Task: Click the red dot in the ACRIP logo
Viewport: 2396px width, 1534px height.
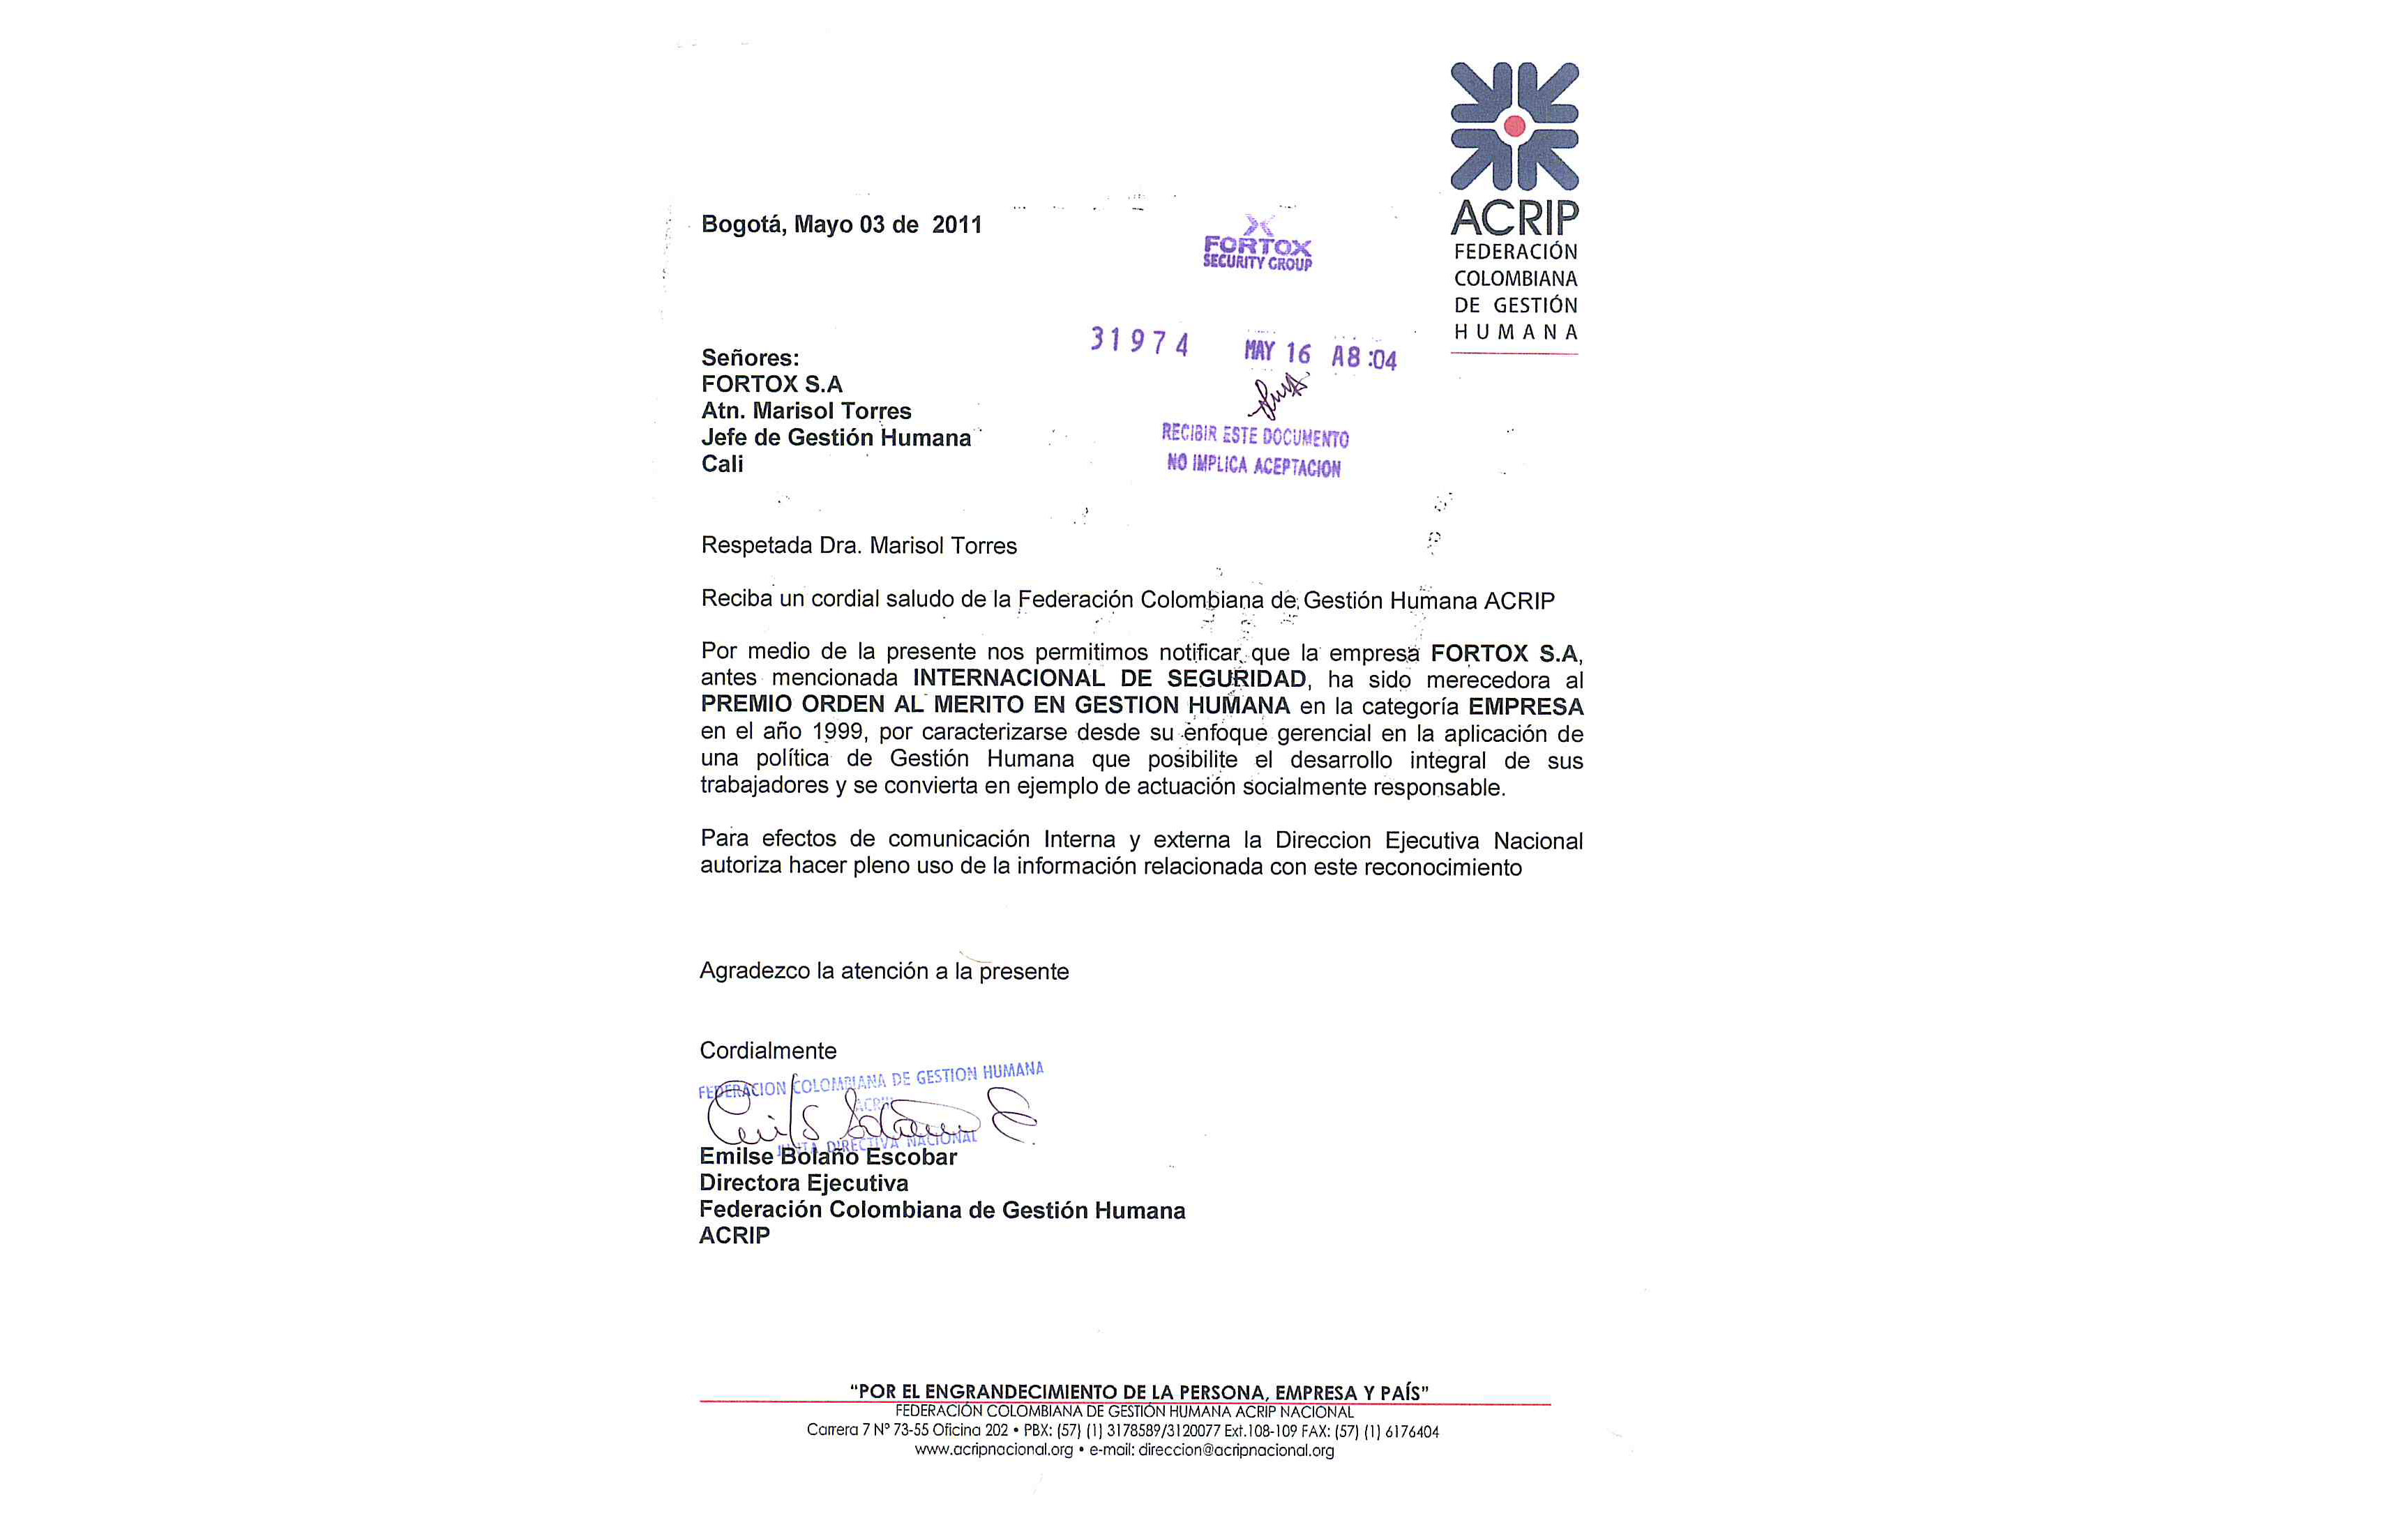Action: [1514, 126]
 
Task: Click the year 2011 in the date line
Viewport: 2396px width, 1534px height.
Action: [956, 225]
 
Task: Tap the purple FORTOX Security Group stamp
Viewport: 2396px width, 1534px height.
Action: [1257, 246]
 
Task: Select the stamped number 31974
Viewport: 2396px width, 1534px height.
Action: [1139, 342]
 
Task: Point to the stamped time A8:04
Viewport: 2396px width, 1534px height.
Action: [1364, 356]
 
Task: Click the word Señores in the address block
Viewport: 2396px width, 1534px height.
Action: [749, 358]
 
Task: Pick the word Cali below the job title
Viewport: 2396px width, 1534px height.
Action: [722, 464]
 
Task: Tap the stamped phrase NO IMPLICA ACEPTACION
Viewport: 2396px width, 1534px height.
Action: [1253, 465]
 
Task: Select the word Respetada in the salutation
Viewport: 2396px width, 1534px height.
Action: [756, 546]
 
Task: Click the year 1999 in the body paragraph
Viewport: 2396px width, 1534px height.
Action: [837, 732]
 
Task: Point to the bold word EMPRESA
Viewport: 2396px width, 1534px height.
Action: [1525, 707]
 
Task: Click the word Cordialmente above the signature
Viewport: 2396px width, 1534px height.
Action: [767, 1051]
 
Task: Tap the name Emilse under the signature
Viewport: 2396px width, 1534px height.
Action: [735, 1157]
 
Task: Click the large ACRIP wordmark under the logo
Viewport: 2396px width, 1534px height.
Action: [1514, 217]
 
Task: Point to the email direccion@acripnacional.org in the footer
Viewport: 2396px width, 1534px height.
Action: [1235, 1450]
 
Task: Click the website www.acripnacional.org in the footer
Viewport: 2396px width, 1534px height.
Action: [993, 1450]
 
